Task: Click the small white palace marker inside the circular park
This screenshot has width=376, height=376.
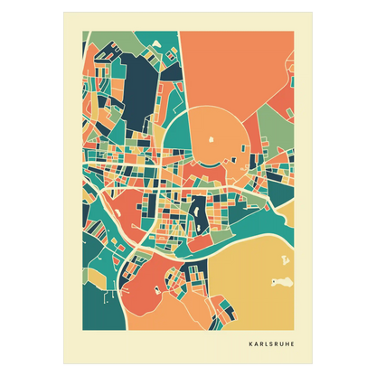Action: (x=211, y=139)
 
